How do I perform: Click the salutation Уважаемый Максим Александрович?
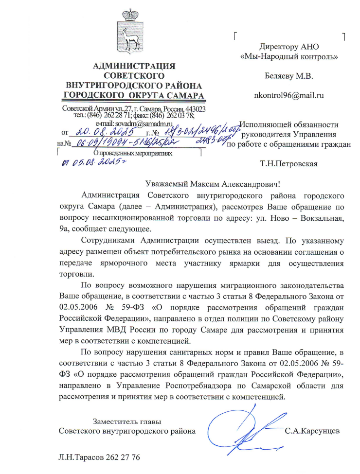(x=213, y=185)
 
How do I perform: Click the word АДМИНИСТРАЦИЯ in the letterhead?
(x=134, y=66)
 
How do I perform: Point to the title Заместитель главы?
(x=126, y=421)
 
